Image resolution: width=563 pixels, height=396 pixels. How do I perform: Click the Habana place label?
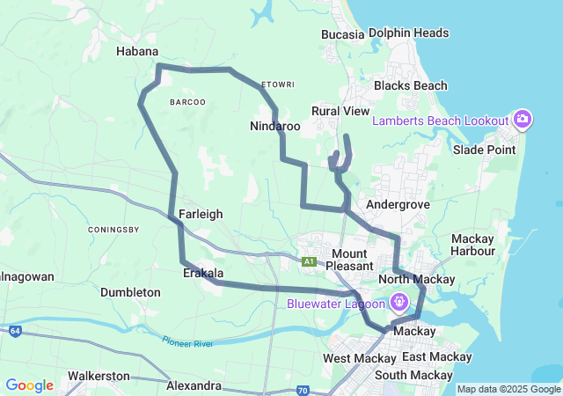coord(137,52)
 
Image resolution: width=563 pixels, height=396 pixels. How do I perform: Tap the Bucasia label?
coord(343,34)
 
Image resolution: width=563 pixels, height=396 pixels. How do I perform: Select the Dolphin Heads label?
coord(409,33)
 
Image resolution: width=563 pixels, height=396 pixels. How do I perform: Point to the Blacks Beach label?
coord(410,86)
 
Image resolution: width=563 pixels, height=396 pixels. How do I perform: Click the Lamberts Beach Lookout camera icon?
coord(523,120)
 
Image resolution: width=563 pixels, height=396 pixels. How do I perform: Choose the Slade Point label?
coord(484,150)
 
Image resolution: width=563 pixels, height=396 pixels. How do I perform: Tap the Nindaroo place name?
coord(274,127)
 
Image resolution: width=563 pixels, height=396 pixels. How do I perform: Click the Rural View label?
coord(340,111)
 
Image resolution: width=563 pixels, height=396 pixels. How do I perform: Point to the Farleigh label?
coord(201,214)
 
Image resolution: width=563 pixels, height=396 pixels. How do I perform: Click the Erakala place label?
coord(202,274)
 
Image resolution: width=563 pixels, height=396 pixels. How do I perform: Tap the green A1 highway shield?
coord(309,261)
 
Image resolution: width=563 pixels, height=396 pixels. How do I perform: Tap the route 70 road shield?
coord(302,389)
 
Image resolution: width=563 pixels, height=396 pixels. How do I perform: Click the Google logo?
coord(29,385)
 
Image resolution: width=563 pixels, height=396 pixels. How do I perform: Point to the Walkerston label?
coord(99,376)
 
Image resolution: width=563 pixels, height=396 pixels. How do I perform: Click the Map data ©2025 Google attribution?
coord(508,389)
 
